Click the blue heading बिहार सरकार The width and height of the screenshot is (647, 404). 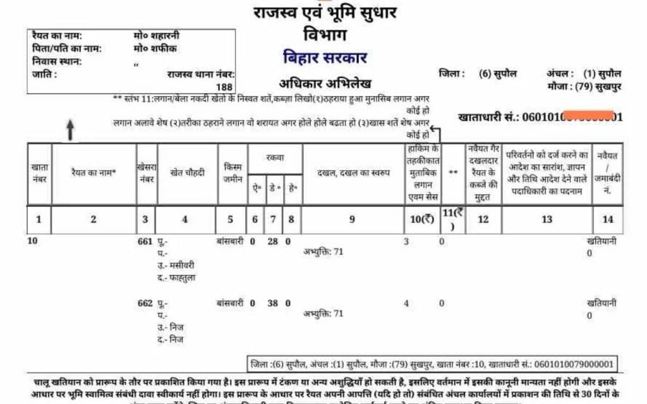(x=325, y=58)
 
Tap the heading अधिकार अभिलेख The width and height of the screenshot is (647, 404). (x=325, y=84)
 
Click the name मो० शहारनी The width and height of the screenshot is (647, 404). (x=157, y=36)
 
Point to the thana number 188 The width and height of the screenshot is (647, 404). (x=224, y=86)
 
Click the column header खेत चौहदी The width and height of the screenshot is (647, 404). (x=188, y=172)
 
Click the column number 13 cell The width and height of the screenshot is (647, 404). (x=547, y=219)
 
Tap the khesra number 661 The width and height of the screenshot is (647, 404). (x=145, y=241)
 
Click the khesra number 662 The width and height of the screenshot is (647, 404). (x=145, y=303)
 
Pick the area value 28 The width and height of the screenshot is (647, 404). (x=273, y=241)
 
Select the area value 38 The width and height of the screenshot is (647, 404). (x=273, y=303)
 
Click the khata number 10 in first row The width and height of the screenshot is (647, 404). (x=33, y=241)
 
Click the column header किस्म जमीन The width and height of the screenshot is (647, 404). (x=233, y=172)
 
